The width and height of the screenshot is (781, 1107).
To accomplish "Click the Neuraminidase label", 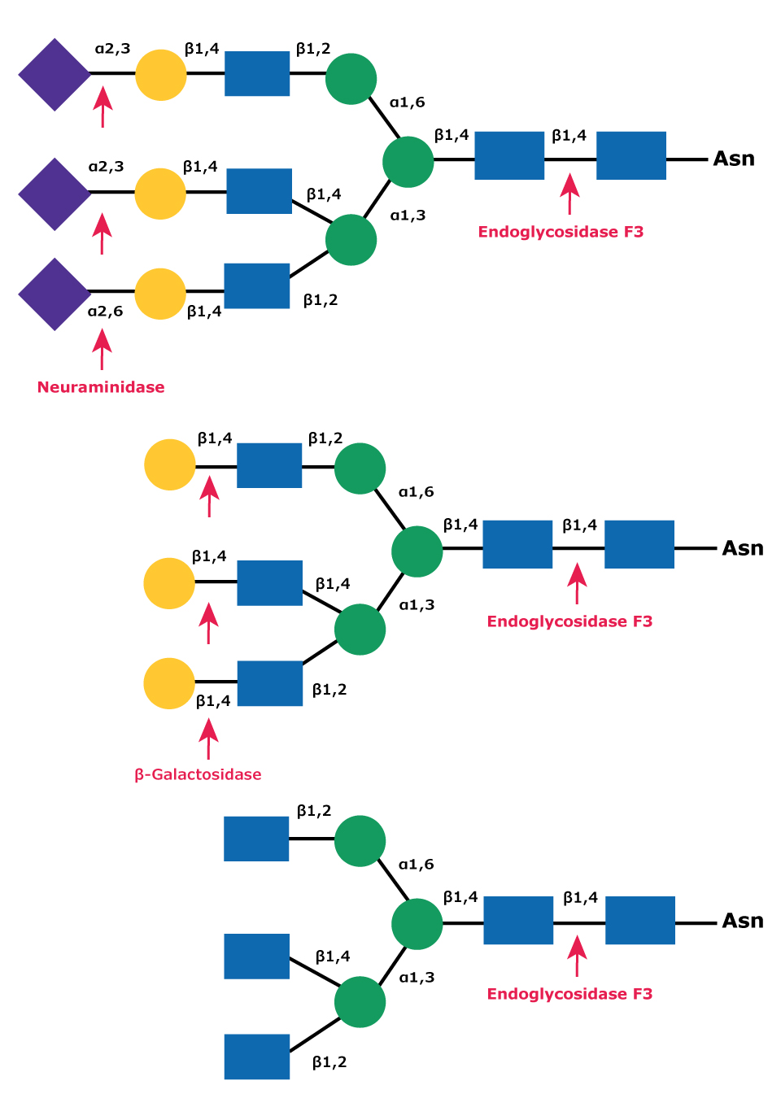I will tap(101, 387).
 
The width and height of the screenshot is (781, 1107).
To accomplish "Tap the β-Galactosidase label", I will tap(198, 774).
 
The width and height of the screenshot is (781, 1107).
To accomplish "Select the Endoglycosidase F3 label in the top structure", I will tap(561, 232).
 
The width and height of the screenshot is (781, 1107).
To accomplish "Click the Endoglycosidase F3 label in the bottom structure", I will tap(569, 994).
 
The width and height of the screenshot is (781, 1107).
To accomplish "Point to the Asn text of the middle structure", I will tap(743, 548).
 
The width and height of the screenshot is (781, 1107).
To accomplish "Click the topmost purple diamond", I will tap(55, 74).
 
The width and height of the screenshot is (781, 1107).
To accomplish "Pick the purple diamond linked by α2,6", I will tap(55, 294).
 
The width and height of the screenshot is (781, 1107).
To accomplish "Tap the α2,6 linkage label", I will tap(105, 312).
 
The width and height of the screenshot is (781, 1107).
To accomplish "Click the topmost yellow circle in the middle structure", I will tap(170, 464).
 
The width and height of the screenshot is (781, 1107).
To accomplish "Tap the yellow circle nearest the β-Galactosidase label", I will tap(169, 683).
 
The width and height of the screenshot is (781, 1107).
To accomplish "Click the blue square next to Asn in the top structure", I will tap(631, 155).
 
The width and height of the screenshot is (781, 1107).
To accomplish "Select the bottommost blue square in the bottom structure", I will tap(257, 1057).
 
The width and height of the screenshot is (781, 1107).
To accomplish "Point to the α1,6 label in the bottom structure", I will tap(416, 865).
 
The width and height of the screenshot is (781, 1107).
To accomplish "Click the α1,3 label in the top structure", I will tap(408, 216).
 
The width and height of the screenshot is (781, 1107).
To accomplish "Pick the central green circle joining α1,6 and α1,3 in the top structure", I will tap(408, 162).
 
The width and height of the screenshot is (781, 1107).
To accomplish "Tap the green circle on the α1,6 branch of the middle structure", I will tap(360, 469).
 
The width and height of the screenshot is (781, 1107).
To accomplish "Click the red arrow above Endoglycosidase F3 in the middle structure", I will tap(577, 583).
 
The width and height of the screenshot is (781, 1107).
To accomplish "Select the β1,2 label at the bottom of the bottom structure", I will tap(329, 1062).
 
